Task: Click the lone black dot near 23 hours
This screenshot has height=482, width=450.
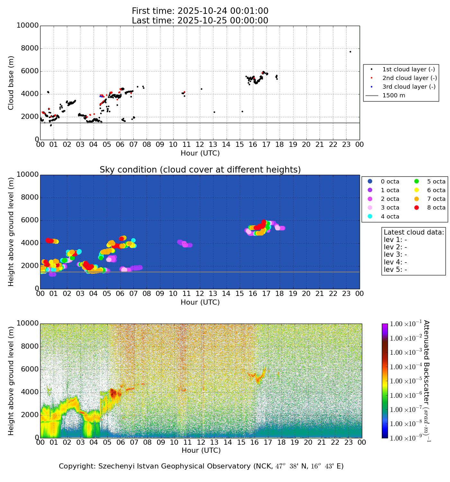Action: [350, 52]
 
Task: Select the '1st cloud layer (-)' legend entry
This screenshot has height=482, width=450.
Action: [409, 69]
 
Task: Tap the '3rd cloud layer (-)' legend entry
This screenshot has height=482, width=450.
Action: [409, 87]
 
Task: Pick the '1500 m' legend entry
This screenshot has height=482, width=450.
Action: [393, 95]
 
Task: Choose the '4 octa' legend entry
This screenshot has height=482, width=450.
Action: [390, 217]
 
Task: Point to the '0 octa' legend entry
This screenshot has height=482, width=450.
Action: [390, 182]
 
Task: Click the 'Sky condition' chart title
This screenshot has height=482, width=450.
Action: [200, 170]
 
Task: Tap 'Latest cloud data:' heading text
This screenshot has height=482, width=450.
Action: [414, 232]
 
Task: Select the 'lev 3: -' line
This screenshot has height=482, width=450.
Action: [395, 254]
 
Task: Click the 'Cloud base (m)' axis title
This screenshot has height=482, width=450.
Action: [11, 83]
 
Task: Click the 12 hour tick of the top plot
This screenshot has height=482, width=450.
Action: [200, 145]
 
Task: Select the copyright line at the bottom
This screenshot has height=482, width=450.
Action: [201, 466]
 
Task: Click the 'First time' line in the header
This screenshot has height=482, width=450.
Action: [200, 11]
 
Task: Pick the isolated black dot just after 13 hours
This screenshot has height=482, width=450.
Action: [214, 112]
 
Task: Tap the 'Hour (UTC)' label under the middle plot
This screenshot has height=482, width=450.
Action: [200, 302]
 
